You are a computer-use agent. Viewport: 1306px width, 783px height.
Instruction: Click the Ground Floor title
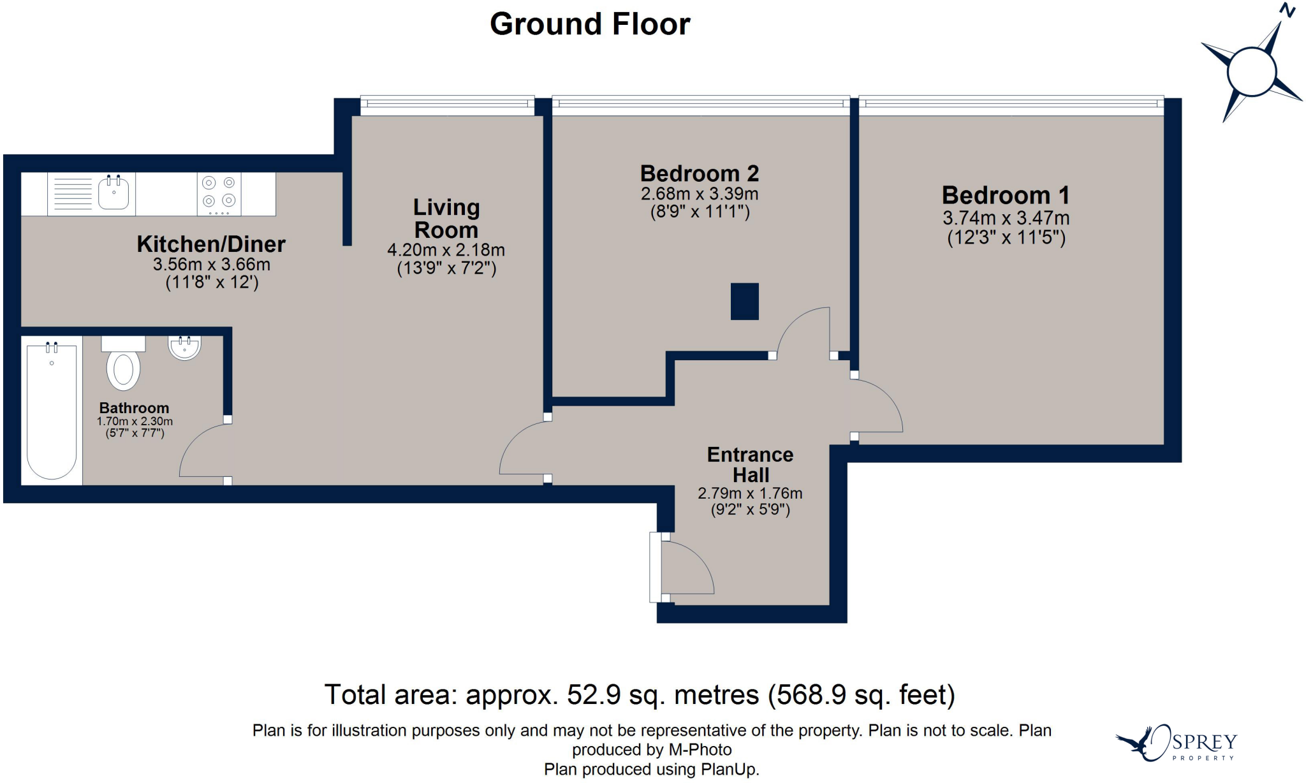590,24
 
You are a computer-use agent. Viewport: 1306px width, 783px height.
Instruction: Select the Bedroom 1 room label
1006,195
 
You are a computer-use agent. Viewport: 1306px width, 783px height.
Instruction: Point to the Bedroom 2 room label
700,173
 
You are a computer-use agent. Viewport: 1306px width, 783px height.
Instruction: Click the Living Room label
446,219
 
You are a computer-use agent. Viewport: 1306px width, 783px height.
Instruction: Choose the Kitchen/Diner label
211,244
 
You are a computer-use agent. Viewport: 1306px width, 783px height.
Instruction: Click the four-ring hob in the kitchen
219,194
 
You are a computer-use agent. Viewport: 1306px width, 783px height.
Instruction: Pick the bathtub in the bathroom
52,411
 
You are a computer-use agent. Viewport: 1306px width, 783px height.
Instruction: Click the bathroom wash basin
184,348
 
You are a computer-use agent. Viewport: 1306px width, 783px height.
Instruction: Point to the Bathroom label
135,408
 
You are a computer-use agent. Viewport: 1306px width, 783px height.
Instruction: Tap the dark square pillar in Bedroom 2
745,301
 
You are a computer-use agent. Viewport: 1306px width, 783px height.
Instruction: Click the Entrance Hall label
751,465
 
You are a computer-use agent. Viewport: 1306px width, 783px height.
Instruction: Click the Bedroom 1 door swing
879,406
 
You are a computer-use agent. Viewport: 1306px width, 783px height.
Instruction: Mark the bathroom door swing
203,450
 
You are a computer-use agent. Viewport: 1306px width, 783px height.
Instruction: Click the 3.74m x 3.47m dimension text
1006,218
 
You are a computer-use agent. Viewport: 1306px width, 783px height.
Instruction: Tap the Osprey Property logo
1177,743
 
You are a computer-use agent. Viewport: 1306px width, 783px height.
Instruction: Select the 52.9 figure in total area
594,695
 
